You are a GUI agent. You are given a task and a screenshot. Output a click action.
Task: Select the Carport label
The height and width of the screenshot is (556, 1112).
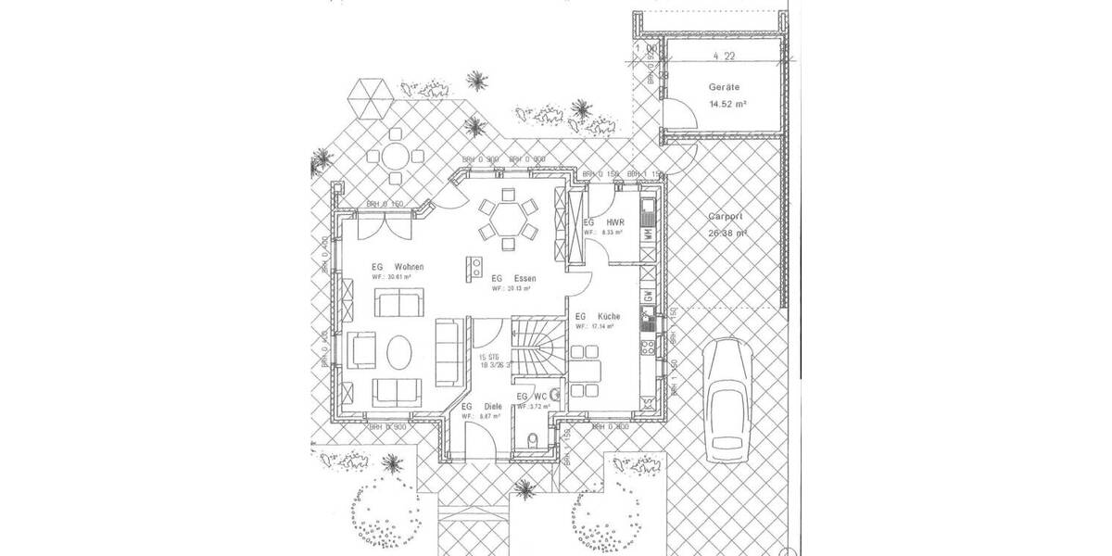(x=726, y=215)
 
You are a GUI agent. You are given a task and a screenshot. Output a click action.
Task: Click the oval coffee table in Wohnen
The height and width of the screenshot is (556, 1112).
(x=399, y=353)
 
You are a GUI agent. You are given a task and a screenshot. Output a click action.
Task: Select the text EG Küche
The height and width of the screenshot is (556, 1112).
(x=599, y=316)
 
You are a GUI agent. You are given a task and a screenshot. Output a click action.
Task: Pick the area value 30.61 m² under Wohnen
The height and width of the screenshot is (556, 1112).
(x=392, y=276)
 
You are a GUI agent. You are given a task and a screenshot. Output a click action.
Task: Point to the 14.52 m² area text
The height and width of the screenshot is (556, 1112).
(x=727, y=105)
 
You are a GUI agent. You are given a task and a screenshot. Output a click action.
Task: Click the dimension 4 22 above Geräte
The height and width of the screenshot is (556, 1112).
(x=724, y=56)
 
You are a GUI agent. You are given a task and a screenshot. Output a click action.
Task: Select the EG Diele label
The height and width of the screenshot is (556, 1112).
(x=481, y=406)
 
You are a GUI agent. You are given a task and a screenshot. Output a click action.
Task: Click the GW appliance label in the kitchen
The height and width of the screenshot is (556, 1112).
(x=648, y=297)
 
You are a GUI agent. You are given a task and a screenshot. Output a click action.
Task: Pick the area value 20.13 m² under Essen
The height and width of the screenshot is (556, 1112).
(x=511, y=288)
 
